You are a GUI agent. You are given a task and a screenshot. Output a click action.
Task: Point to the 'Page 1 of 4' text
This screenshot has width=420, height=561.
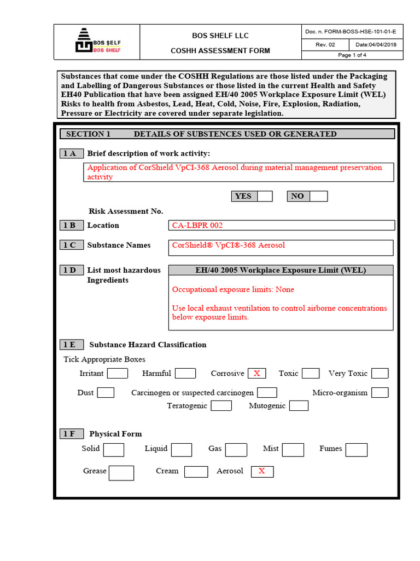pos(352,55)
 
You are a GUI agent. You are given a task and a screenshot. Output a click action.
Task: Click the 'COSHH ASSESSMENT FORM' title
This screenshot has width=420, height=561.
pos(220,51)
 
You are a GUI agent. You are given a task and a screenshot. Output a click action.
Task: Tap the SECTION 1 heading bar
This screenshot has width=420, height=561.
pos(226,134)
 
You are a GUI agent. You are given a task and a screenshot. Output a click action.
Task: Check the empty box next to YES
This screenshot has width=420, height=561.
pos(265,196)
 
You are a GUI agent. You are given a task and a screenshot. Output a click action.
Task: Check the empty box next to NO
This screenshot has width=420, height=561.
pos(318,196)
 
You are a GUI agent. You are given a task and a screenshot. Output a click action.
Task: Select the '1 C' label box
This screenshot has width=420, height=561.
pos(70,245)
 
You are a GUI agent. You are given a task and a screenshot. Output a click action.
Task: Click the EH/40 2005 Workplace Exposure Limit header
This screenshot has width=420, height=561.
pos(281,270)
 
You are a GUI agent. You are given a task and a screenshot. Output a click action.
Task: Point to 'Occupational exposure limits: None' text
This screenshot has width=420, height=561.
pos(233,289)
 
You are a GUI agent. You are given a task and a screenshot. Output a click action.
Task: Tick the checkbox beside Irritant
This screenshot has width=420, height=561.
pos(117,374)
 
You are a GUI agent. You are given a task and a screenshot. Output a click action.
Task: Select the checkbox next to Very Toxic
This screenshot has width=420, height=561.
pos(380,374)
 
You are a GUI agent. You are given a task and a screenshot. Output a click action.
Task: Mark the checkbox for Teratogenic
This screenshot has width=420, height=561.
pos(221,406)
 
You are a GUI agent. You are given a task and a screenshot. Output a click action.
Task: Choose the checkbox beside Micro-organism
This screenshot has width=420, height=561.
pos(380,393)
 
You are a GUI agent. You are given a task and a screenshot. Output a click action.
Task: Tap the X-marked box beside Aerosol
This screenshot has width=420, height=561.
pos(262,471)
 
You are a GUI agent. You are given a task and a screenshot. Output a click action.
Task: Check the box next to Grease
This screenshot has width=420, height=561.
pos(121,473)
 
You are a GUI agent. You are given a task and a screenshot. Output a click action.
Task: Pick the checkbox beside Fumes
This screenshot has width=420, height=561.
pos(357,450)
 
